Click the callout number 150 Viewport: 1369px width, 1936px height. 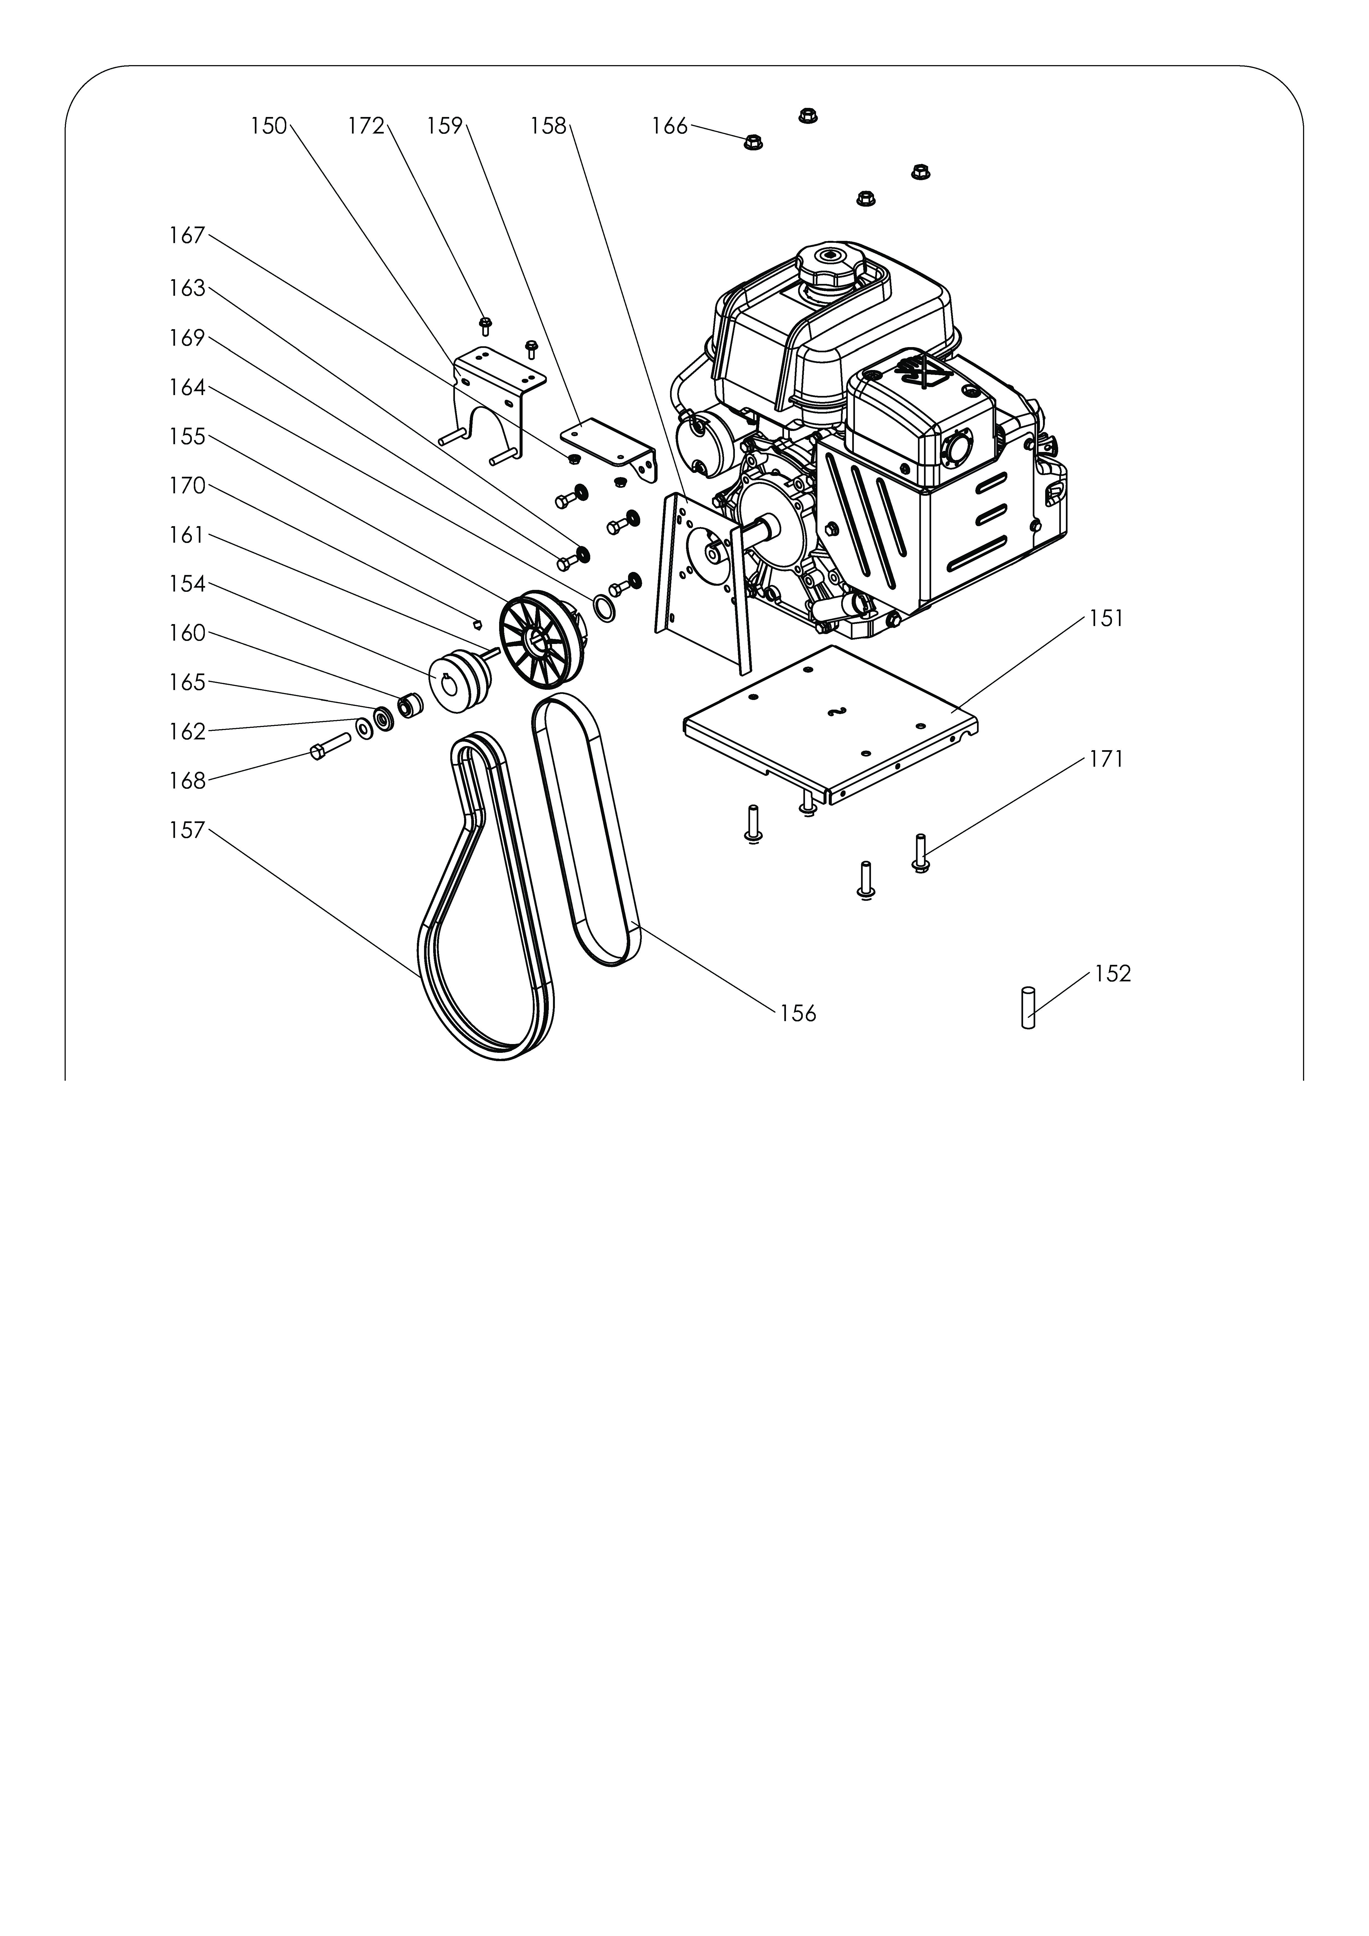(x=269, y=126)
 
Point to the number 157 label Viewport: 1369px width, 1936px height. (x=186, y=830)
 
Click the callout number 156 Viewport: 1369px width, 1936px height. (x=798, y=1014)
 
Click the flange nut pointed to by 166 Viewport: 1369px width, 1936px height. (x=753, y=142)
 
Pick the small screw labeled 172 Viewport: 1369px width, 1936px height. (x=485, y=326)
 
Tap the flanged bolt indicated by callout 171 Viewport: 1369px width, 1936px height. (x=920, y=853)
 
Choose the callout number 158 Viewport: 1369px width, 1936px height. (x=548, y=126)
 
